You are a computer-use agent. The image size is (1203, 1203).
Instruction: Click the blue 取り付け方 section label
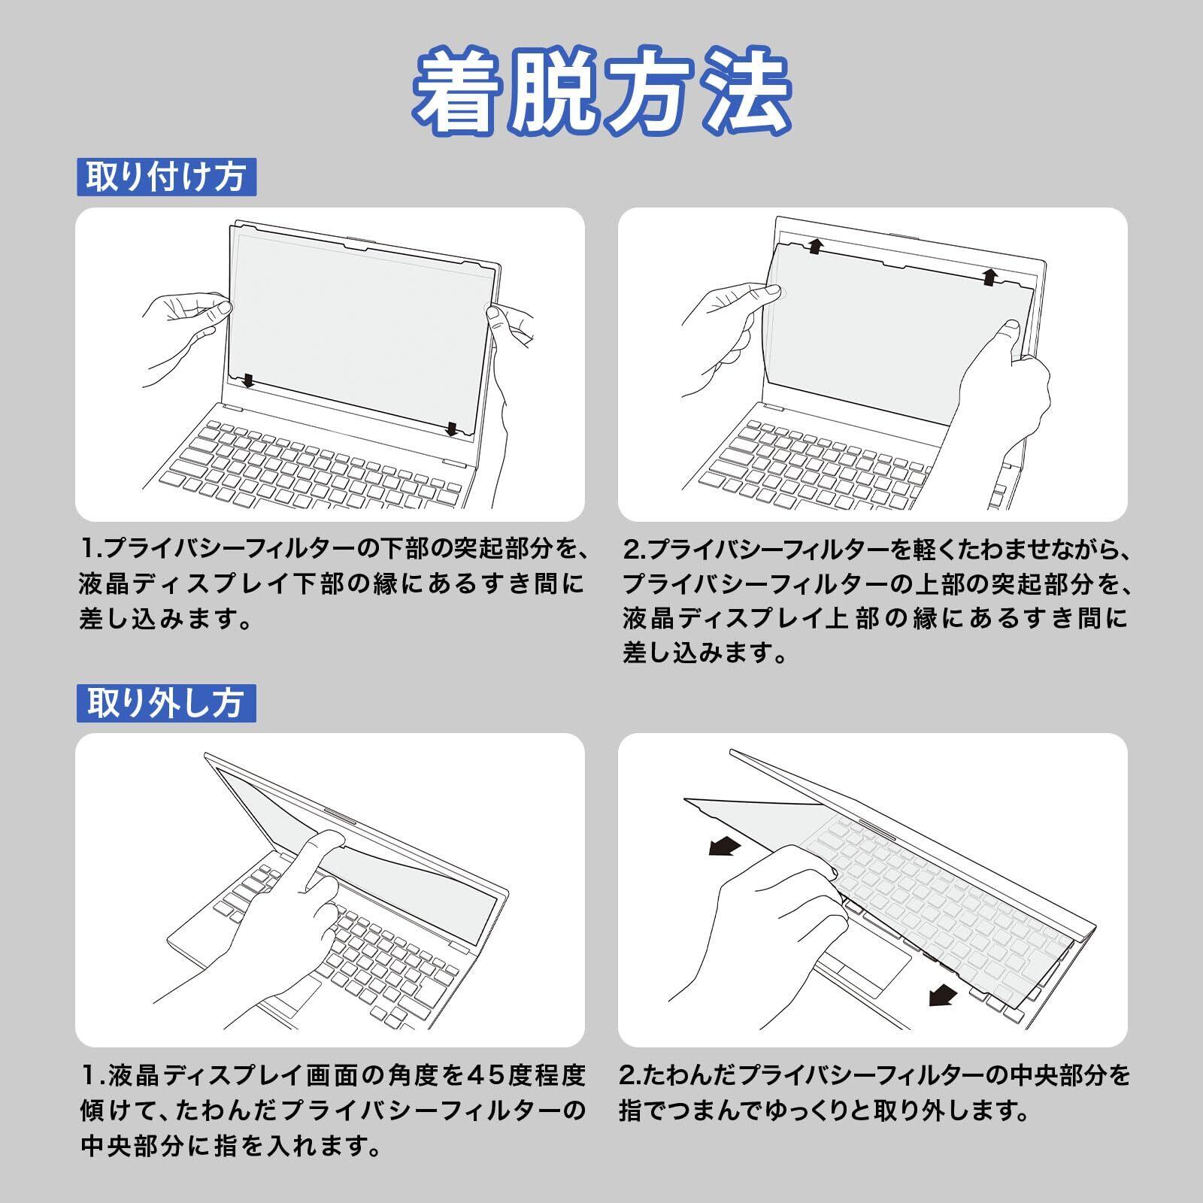166,177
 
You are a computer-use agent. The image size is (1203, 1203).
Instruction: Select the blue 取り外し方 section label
166,702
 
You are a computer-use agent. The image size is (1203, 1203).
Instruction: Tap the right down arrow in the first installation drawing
451,429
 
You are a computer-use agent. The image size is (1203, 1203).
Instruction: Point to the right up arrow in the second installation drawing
990,276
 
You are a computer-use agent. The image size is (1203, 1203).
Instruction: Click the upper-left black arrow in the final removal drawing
725,847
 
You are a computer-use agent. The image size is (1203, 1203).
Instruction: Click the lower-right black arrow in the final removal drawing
943,996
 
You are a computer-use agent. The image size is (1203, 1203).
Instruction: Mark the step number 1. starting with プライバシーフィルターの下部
92,550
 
